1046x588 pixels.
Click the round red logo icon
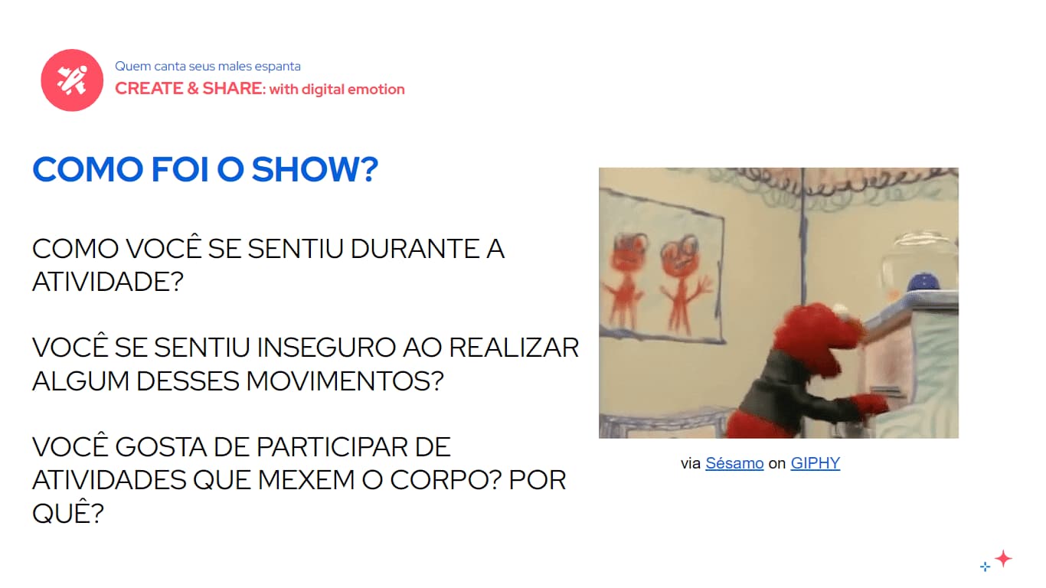click(72, 80)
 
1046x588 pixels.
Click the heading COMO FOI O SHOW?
click(205, 169)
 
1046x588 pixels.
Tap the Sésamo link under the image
click(734, 463)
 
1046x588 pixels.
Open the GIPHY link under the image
click(815, 463)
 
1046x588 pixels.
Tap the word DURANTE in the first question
click(414, 249)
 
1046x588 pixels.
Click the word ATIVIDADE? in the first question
click(108, 282)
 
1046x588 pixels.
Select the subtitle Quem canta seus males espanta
click(208, 67)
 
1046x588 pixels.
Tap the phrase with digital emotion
click(337, 90)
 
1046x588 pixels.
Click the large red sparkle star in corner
click(1003, 558)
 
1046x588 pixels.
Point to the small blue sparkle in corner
click(986, 567)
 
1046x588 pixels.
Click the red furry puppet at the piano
click(796, 375)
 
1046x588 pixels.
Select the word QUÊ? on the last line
click(67, 513)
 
